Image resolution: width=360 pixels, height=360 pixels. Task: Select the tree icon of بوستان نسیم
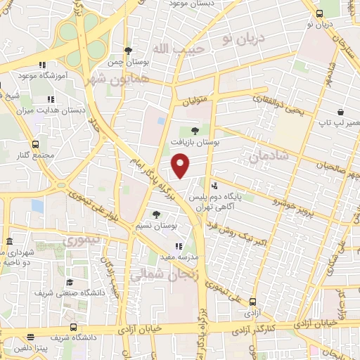click(x=156, y=214)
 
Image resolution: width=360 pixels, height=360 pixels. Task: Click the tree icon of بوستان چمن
click(x=127, y=51)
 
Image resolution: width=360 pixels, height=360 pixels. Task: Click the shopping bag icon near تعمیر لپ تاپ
click(x=340, y=111)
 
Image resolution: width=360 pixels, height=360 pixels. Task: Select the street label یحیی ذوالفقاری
click(x=272, y=106)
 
